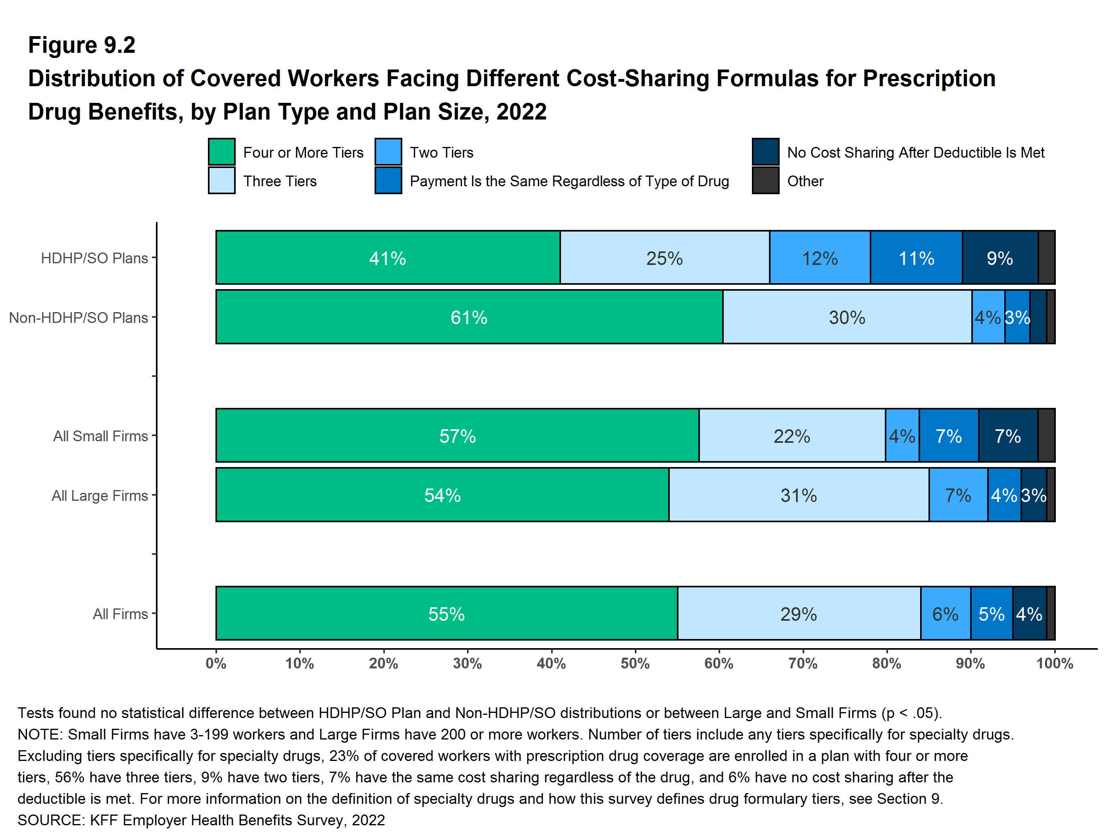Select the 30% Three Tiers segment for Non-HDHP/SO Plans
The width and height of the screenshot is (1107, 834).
[847, 317]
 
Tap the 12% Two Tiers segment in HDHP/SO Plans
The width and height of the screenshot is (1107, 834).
[820, 258]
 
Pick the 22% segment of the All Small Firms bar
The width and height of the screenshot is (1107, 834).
[792, 436]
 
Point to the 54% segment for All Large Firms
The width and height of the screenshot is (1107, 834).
[442, 495]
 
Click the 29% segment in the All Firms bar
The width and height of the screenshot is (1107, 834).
[799, 614]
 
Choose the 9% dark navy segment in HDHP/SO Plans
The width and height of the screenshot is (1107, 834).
[1000, 258]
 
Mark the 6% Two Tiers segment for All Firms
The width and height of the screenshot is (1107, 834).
[946, 614]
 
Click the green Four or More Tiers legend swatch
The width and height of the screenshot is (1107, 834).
[222, 152]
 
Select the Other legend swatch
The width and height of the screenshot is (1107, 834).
[765, 181]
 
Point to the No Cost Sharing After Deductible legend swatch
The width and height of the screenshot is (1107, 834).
[765, 152]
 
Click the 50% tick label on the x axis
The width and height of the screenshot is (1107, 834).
[635, 664]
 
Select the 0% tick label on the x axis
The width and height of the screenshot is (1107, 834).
[216, 664]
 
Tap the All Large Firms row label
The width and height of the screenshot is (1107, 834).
[100, 495]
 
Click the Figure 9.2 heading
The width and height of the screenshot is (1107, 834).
[82, 45]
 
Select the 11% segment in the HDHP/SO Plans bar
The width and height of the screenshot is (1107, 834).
[916, 258]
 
